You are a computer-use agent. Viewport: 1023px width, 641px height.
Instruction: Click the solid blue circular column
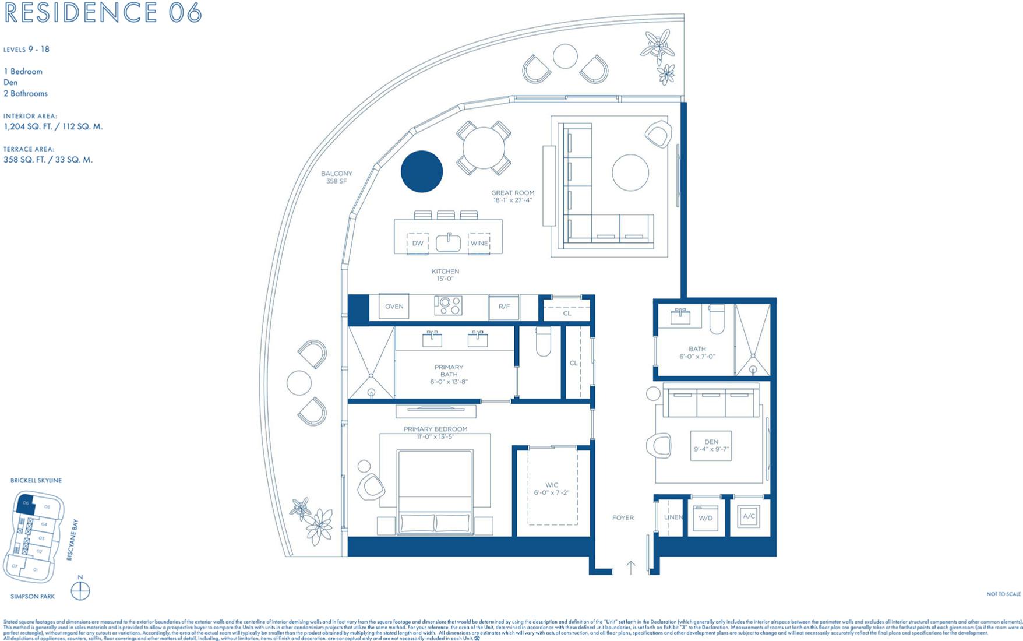422,171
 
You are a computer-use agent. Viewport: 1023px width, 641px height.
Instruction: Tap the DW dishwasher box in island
418,243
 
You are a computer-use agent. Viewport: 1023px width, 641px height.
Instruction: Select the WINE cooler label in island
479,243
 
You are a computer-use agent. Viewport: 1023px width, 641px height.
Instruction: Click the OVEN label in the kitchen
394,307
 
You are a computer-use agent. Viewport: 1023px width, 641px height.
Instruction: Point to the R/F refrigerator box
504,307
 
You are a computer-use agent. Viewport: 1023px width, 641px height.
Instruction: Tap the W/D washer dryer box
705,517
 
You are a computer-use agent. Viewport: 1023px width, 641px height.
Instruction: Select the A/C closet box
749,516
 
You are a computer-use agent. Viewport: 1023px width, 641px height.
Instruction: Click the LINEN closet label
673,517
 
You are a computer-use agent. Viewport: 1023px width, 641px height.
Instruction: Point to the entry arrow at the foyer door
631,567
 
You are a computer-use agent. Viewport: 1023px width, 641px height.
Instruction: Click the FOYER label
623,517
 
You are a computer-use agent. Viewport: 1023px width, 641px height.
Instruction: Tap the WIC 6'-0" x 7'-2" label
551,489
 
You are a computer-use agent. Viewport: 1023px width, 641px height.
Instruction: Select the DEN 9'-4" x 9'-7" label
711,446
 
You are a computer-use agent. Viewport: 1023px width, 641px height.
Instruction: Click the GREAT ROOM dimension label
513,196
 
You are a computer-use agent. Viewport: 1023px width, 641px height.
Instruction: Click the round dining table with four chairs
484,147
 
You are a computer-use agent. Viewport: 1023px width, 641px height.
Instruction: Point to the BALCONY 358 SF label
337,177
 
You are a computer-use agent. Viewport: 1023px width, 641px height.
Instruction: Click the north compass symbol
80,591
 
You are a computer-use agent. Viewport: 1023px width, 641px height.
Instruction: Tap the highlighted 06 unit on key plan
26,504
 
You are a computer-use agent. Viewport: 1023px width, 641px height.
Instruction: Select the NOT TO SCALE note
1003,594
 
